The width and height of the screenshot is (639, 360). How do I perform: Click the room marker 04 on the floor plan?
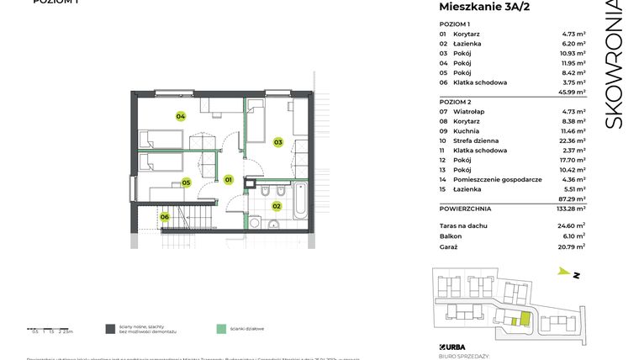(180, 116)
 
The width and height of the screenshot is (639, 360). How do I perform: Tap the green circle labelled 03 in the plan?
(277, 142)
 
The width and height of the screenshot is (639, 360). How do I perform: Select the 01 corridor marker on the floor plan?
(228, 179)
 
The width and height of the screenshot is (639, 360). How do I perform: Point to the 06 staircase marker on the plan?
(165, 217)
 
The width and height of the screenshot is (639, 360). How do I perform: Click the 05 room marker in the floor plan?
(186, 182)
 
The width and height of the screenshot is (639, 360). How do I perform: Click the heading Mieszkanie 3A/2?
(484, 8)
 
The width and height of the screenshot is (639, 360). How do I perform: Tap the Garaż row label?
(450, 247)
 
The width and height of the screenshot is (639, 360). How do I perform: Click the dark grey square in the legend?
(109, 329)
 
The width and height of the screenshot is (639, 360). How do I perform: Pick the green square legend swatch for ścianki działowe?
(221, 329)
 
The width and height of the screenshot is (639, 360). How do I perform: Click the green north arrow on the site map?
(562, 271)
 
